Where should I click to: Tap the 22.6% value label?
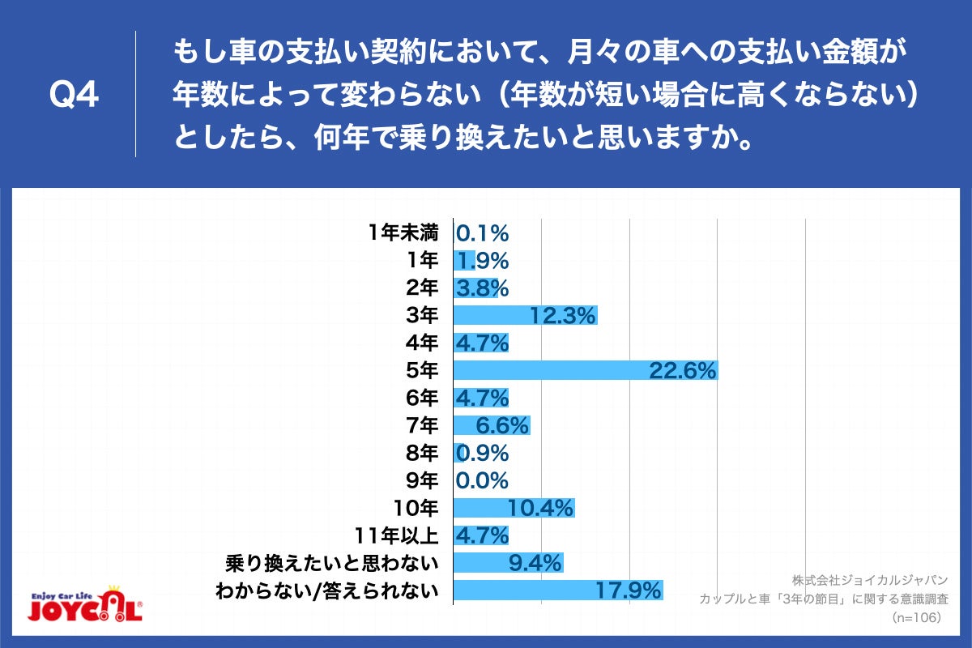pos(683,370)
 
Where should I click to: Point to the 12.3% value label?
pos(563,315)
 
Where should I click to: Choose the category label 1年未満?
pos(402,233)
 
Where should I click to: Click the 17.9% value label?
pos(629,590)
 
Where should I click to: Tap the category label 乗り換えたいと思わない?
pos(333,563)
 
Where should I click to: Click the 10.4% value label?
pos(540,508)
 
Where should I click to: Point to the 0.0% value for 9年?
pos(483,480)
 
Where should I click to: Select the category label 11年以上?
pos(396,535)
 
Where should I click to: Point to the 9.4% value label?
pos(529,563)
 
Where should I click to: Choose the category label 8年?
pos(423,453)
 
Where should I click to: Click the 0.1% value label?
pos(483,233)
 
